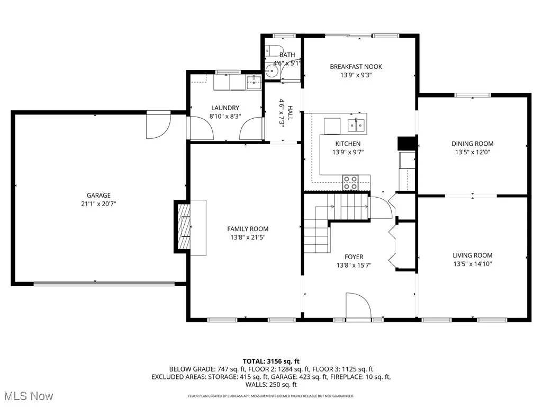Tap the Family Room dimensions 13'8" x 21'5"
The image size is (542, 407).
point(248,238)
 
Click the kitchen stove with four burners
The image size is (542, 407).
point(350,182)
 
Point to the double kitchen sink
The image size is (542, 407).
point(356,125)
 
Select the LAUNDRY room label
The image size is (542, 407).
point(225,108)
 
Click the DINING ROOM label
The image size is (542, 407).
point(472,144)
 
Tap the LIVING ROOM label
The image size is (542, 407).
point(472,255)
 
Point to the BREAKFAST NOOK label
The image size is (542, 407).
point(356,67)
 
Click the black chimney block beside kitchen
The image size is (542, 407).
point(405,144)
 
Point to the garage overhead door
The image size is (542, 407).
point(104,284)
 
